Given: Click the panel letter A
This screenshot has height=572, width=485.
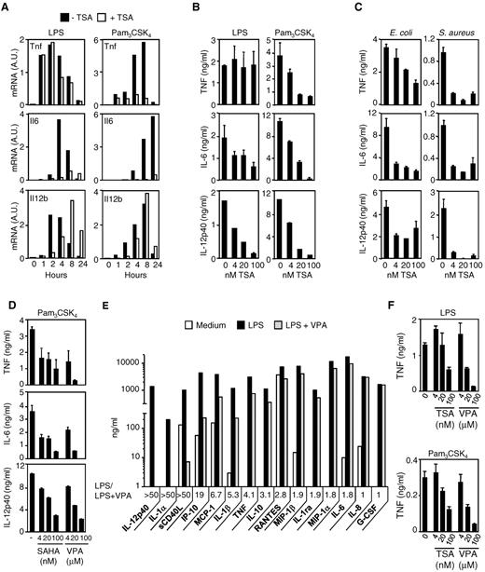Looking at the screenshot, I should tap(7, 7).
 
